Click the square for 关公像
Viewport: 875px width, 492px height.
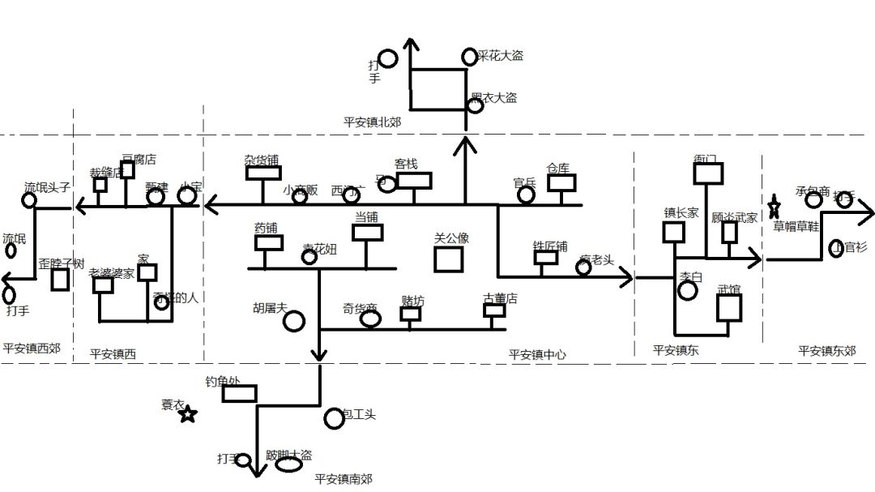point(448,259)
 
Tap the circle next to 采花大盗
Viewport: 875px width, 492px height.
point(469,57)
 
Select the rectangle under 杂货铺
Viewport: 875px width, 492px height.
point(263,173)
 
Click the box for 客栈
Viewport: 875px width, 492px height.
point(414,180)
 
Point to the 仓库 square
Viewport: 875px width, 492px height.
point(561,182)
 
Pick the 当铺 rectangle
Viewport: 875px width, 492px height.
point(367,233)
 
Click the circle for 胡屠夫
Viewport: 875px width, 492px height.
point(294,321)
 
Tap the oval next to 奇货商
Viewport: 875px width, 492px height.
point(370,319)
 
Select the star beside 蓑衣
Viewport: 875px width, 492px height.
point(188,415)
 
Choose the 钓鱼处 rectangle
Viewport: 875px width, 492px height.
point(239,394)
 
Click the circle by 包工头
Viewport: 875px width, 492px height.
point(334,418)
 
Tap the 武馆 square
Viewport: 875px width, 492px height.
point(729,308)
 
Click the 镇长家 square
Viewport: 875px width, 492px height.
point(673,233)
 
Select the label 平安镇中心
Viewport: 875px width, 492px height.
point(537,354)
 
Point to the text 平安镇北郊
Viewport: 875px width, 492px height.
point(372,122)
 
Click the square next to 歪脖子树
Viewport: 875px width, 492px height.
point(60,280)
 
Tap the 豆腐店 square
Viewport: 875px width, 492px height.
point(127,169)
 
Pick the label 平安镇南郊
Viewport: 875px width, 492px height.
point(344,479)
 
